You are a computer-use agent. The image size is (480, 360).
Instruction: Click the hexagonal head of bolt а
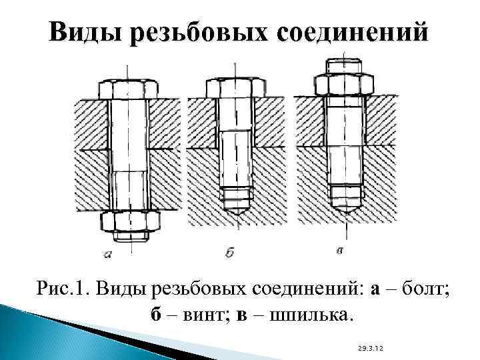click(128, 88)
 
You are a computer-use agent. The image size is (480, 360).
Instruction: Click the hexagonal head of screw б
click(235, 88)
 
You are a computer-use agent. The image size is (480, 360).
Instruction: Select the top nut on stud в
click(345, 83)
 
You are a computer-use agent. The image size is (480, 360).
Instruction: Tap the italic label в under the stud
click(340, 251)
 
